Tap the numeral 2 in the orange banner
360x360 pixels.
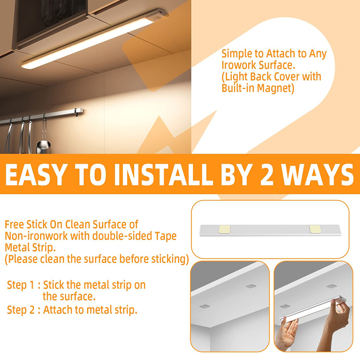(x=267, y=175)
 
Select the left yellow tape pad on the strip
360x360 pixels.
(x=225, y=229)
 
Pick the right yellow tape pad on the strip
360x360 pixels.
(x=315, y=229)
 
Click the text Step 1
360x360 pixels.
(x=21, y=285)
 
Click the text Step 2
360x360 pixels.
(x=21, y=310)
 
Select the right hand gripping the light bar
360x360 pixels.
(x=338, y=316)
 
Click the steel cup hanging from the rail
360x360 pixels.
(x=43, y=147)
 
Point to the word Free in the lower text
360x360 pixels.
(x=14, y=224)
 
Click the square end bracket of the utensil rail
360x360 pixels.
(x=79, y=112)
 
